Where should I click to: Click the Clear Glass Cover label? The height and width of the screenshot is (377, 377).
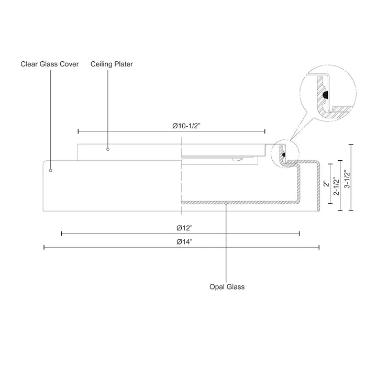click(50, 64)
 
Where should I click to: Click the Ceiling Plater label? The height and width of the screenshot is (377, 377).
click(112, 64)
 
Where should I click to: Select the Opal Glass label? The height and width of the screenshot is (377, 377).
click(227, 287)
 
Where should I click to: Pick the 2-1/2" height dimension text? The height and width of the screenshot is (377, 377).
click(336, 186)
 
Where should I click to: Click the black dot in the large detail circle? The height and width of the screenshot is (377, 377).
click(326, 95)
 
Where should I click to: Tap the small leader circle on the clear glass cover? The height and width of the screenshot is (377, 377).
click(51, 170)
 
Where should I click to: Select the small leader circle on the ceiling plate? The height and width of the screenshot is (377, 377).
click(108, 149)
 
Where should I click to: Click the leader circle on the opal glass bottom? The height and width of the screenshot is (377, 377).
click(226, 202)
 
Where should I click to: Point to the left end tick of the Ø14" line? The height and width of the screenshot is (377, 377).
click(44, 247)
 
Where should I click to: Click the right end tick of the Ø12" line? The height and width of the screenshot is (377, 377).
click(300, 234)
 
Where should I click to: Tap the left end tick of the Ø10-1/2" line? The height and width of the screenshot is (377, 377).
click(78, 131)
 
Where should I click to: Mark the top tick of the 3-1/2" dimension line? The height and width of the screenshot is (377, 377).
click(351, 144)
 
